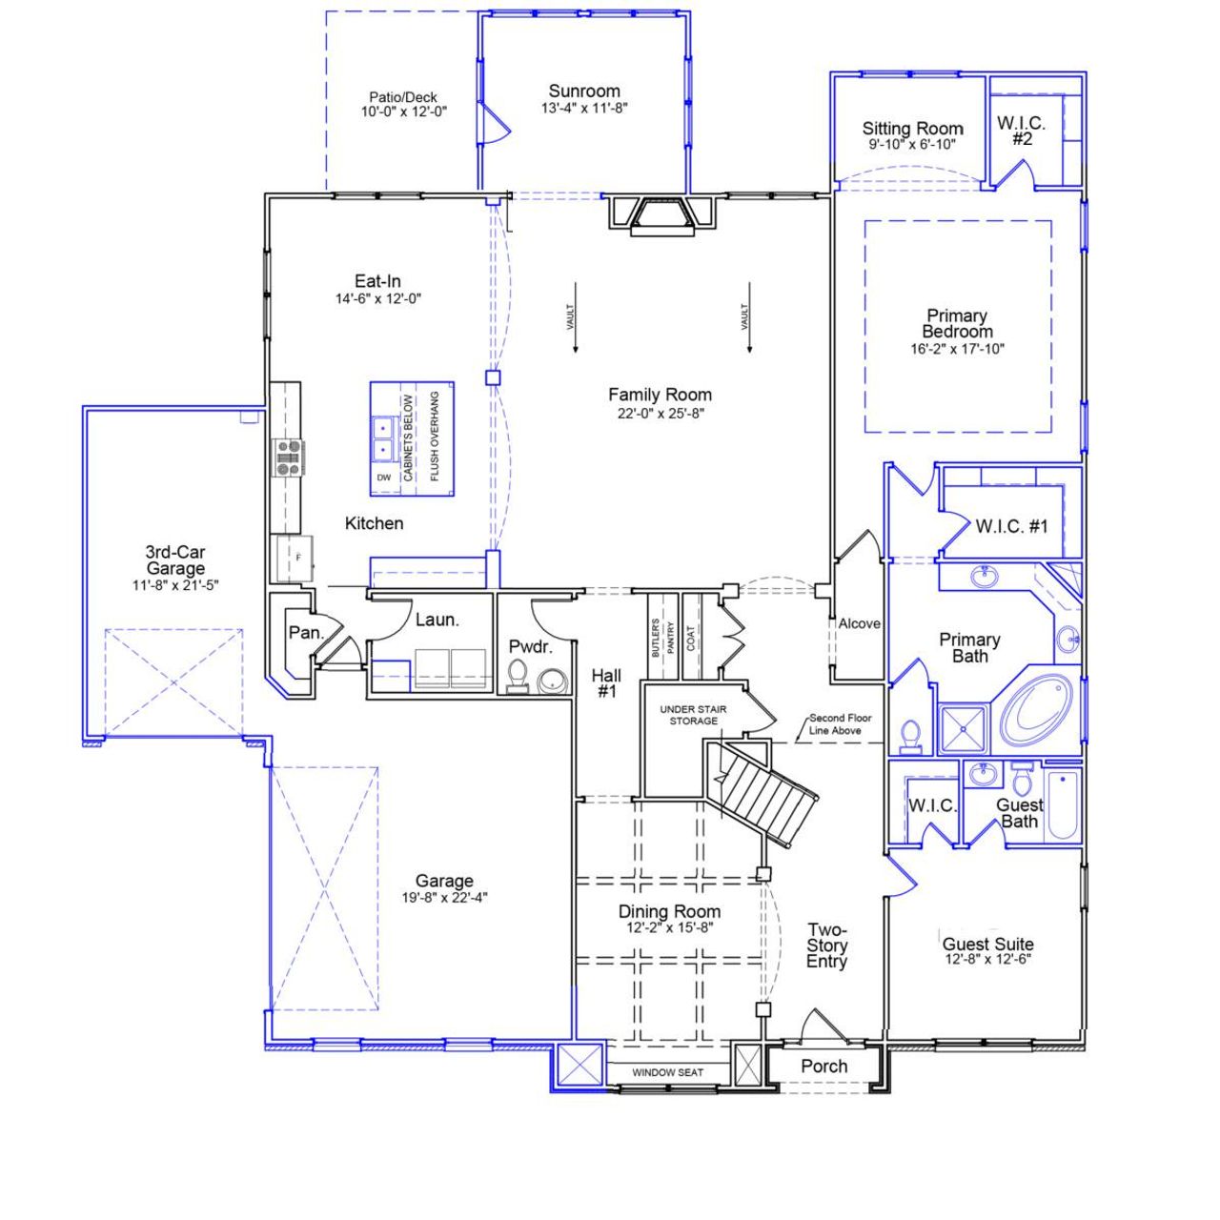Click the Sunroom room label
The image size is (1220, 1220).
(583, 91)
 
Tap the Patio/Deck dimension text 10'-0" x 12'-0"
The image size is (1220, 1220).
(403, 112)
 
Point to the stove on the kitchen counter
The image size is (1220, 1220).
(287, 457)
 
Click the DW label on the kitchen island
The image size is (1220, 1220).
(383, 478)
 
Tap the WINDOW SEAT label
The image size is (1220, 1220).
(667, 1072)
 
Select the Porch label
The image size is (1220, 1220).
(823, 1067)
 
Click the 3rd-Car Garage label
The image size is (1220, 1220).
(175, 560)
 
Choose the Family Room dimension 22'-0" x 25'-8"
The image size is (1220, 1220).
(660, 413)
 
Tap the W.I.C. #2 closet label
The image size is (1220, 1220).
(1021, 131)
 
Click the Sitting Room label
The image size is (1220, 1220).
(912, 129)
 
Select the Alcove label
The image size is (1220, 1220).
(859, 623)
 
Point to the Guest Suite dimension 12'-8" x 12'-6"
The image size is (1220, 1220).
(987, 960)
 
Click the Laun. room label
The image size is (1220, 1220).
(437, 620)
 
